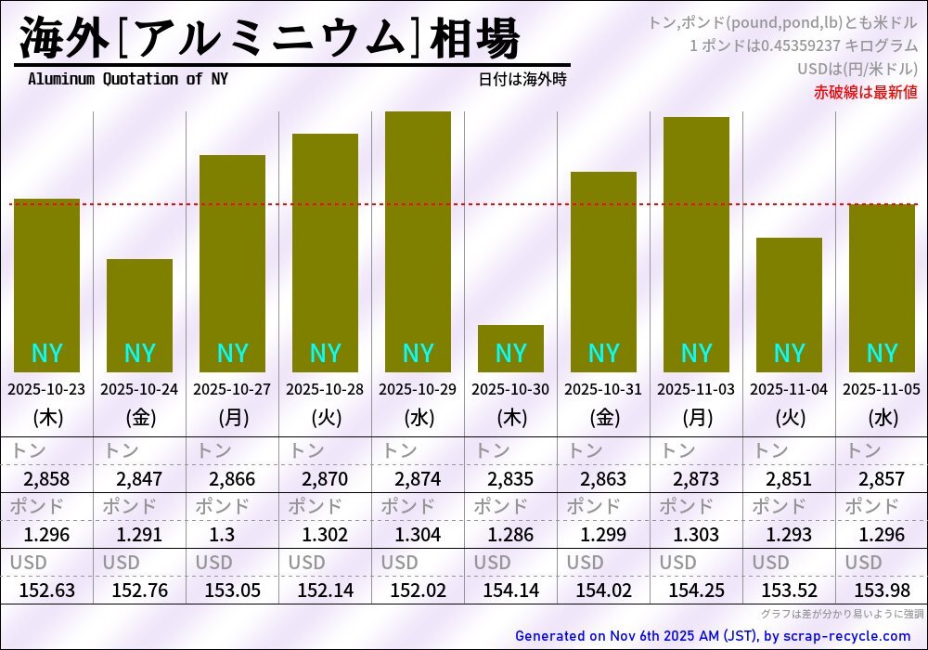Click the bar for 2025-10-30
click(510, 348)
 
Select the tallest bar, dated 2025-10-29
click(418, 241)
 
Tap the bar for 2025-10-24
click(139, 316)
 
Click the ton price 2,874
click(418, 480)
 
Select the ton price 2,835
click(510, 480)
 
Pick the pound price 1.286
click(510, 535)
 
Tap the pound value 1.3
click(232, 535)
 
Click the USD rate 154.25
click(696, 590)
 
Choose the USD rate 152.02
click(418, 590)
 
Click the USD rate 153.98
click(882, 590)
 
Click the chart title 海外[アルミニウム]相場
click(269, 39)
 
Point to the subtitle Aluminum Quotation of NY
click(127, 79)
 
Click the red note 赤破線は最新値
click(865, 91)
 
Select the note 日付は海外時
click(522, 80)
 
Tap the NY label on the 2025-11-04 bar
click(789, 354)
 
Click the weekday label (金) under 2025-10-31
click(603, 418)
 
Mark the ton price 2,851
click(789, 480)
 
